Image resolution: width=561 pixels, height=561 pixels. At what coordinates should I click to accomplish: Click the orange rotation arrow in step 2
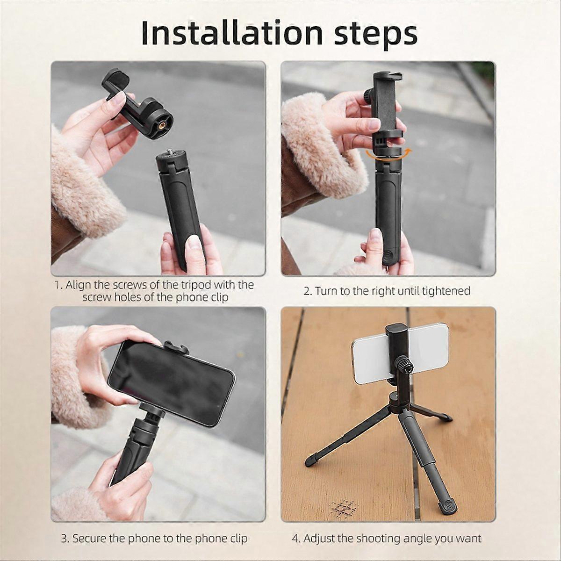click(388, 156)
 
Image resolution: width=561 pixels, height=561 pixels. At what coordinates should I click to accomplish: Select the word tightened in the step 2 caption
click(446, 291)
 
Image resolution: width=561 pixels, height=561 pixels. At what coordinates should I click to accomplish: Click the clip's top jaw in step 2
click(388, 76)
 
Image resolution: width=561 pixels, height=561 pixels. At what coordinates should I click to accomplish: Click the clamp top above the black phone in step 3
click(176, 347)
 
